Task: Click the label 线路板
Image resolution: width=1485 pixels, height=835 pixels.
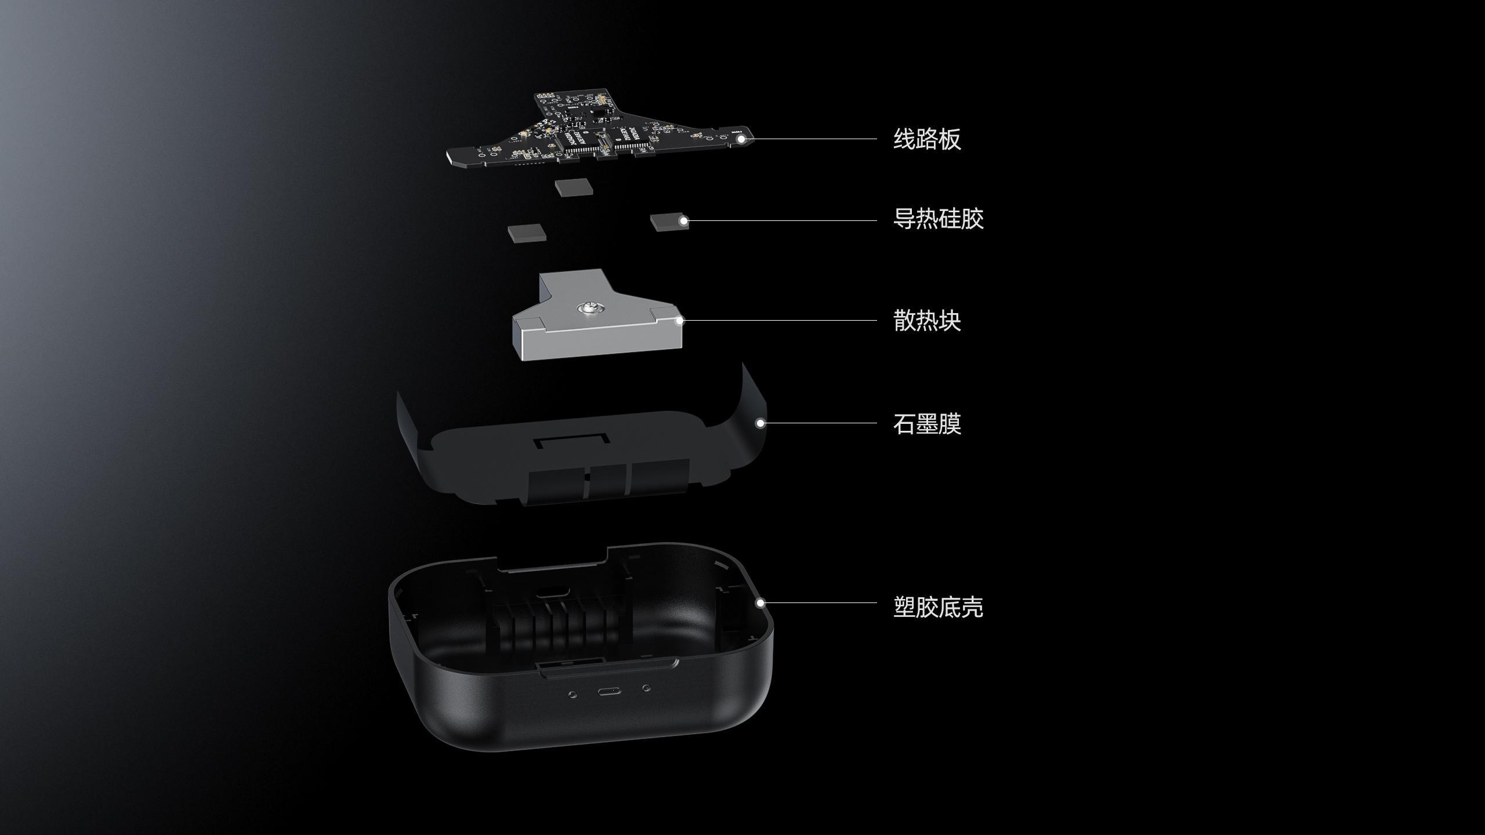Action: (x=927, y=139)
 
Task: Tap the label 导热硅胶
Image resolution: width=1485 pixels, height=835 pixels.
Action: (x=939, y=219)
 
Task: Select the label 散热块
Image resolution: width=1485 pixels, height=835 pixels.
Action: (x=927, y=320)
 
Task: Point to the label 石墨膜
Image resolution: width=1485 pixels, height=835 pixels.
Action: (x=927, y=423)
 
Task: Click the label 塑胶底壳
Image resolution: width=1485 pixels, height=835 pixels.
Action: (x=939, y=607)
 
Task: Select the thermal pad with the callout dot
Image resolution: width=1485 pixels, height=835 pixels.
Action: (x=669, y=222)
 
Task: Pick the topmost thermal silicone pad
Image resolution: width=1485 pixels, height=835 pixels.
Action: (x=574, y=187)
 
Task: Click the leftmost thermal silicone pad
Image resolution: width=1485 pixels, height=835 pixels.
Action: (x=527, y=233)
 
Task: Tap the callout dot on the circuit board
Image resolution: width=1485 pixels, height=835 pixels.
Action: (x=740, y=139)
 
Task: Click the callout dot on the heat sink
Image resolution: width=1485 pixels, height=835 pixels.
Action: (x=680, y=320)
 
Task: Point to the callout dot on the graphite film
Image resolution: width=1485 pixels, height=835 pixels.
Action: (x=760, y=423)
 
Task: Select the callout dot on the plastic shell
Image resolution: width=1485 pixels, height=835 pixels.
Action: (x=760, y=603)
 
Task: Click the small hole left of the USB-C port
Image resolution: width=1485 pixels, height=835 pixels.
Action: (x=573, y=694)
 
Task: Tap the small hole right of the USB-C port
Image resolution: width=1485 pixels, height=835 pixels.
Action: (x=646, y=688)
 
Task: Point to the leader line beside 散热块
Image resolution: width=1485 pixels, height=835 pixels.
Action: (x=778, y=320)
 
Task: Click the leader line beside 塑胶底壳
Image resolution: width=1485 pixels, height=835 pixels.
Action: (x=818, y=603)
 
